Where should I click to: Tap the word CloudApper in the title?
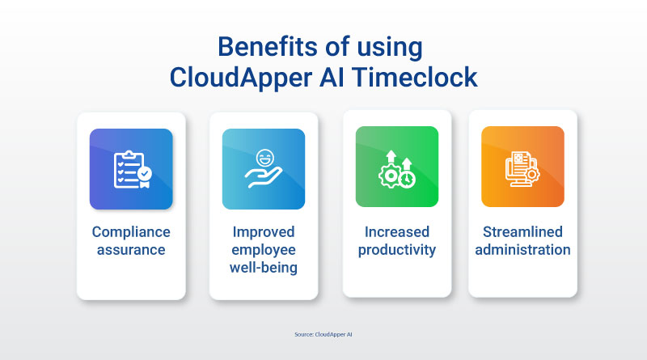[x=241, y=78]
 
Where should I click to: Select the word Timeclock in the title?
[x=414, y=77]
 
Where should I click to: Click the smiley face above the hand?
[x=264, y=158]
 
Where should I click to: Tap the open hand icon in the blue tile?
[x=263, y=177]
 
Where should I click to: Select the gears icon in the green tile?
[x=397, y=170]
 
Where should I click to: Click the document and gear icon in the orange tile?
[x=522, y=169]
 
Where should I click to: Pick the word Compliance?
[x=131, y=232]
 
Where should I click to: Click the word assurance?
[x=131, y=250]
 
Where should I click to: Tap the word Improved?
[x=264, y=232]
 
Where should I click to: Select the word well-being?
[x=264, y=268]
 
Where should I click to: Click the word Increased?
[x=397, y=232]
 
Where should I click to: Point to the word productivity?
[x=397, y=250]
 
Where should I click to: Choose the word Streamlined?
[x=522, y=232]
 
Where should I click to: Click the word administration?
[x=522, y=250]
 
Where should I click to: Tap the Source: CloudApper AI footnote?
[x=323, y=334]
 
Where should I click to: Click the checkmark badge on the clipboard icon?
[x=145, y=174]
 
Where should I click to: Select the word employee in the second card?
[x=264, y=250]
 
